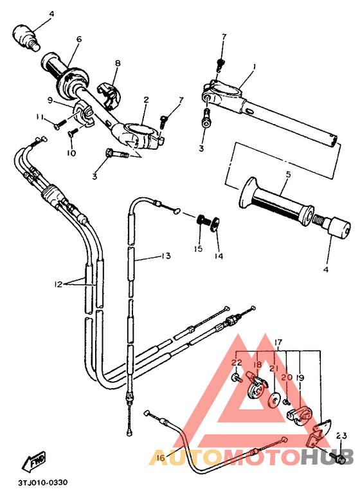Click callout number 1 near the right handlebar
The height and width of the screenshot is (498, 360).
(x=254, y=67)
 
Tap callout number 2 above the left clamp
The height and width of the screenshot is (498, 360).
(x=146, y=100)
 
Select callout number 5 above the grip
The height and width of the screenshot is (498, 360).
(x=288, y=174)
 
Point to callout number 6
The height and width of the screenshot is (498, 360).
(x=78, y=39)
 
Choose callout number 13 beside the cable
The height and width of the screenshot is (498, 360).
(x=166, y=256)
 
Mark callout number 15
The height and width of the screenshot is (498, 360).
(x=199, y=248)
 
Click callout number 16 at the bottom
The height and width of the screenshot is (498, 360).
(x=160, y=458)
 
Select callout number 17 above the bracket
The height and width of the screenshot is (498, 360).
(x=278, y=342)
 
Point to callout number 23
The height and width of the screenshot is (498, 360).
(x=341, y=436)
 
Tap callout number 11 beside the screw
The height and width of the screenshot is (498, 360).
(x=39, y=116)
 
